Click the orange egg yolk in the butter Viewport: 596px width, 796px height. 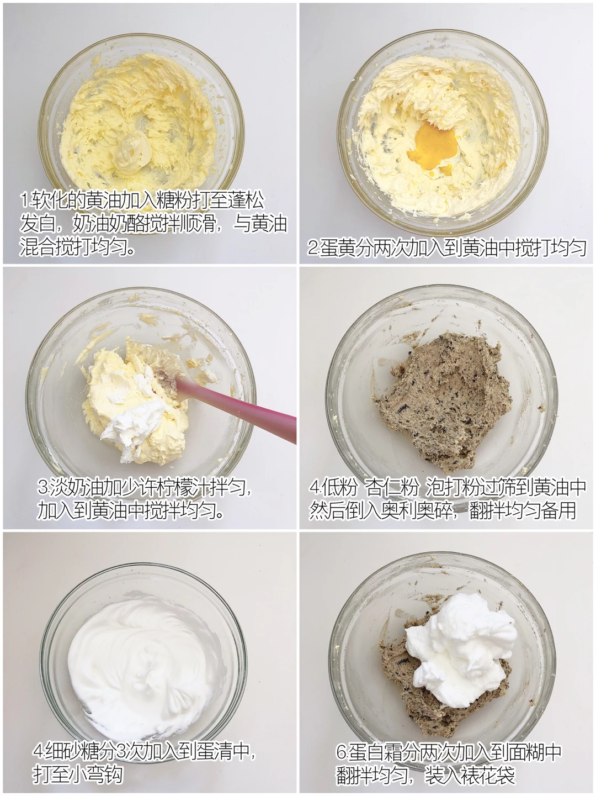click(x=433, y=149)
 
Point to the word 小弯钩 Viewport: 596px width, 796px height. click(x=95, y=774)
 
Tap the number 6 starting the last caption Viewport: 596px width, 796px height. click(x=341, y=752)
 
